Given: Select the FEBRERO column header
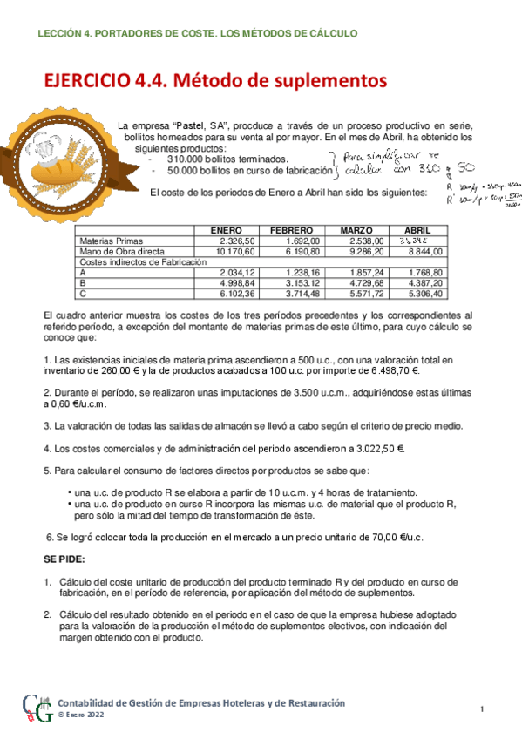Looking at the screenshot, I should pos(292,229).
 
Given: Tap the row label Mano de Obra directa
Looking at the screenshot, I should pos(116,251).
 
